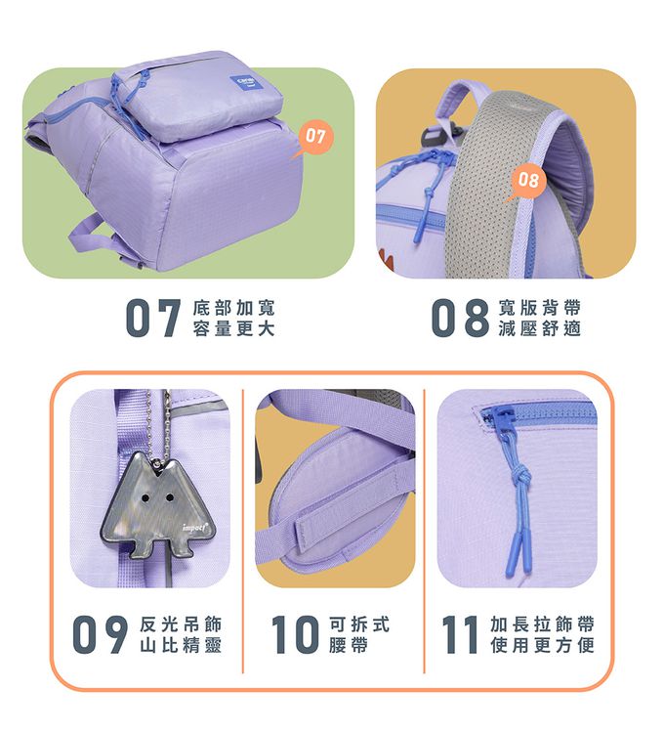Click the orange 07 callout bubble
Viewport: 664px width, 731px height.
point(314,137)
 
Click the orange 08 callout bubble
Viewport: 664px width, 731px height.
point(527,180)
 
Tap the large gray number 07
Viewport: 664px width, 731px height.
point(153,318)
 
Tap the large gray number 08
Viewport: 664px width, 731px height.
point(460,318)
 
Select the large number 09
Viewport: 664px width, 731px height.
point(101,634)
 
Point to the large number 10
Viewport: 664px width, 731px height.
point(296,634)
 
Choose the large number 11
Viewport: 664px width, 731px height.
point(460,634)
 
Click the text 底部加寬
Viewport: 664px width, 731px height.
point(234,308)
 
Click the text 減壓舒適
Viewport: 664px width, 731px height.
point(540,328)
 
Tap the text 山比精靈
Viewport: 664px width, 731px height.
point(181,645)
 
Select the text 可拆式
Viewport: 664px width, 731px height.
point(358,624)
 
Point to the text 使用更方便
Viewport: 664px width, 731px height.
point(542,645)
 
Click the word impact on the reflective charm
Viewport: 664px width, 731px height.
point(194,528)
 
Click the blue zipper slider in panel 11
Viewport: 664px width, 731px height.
point(497,414)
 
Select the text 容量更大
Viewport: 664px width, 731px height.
point(234,328)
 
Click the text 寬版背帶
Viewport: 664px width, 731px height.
point(540,308)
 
